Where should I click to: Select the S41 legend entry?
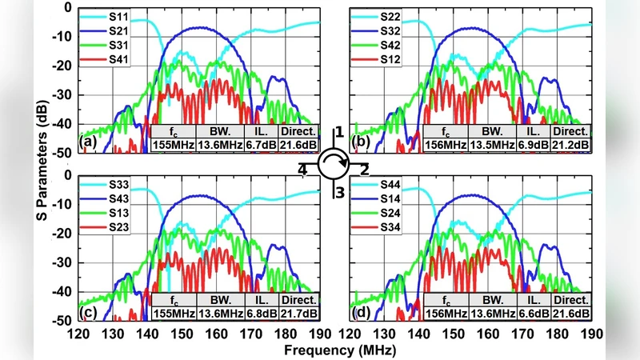[118, 59]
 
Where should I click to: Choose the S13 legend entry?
[118, 214]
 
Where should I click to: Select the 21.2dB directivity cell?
[570, 145]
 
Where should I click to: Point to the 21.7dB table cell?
[298, 313]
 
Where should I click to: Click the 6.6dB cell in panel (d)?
[533, 313]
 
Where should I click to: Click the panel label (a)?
[89, 144]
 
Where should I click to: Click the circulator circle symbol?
[335, 165]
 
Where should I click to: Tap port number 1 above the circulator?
[338, 132]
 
